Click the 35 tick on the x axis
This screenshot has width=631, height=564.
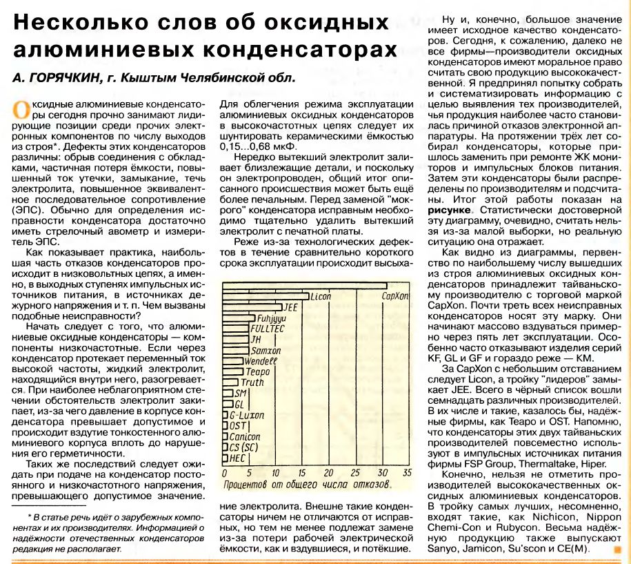[x=406, y=473]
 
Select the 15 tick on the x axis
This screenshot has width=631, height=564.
[x=303, y=473]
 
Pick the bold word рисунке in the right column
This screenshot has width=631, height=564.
[x=451, y=208]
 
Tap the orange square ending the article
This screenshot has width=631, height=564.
[x=617, y=550]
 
